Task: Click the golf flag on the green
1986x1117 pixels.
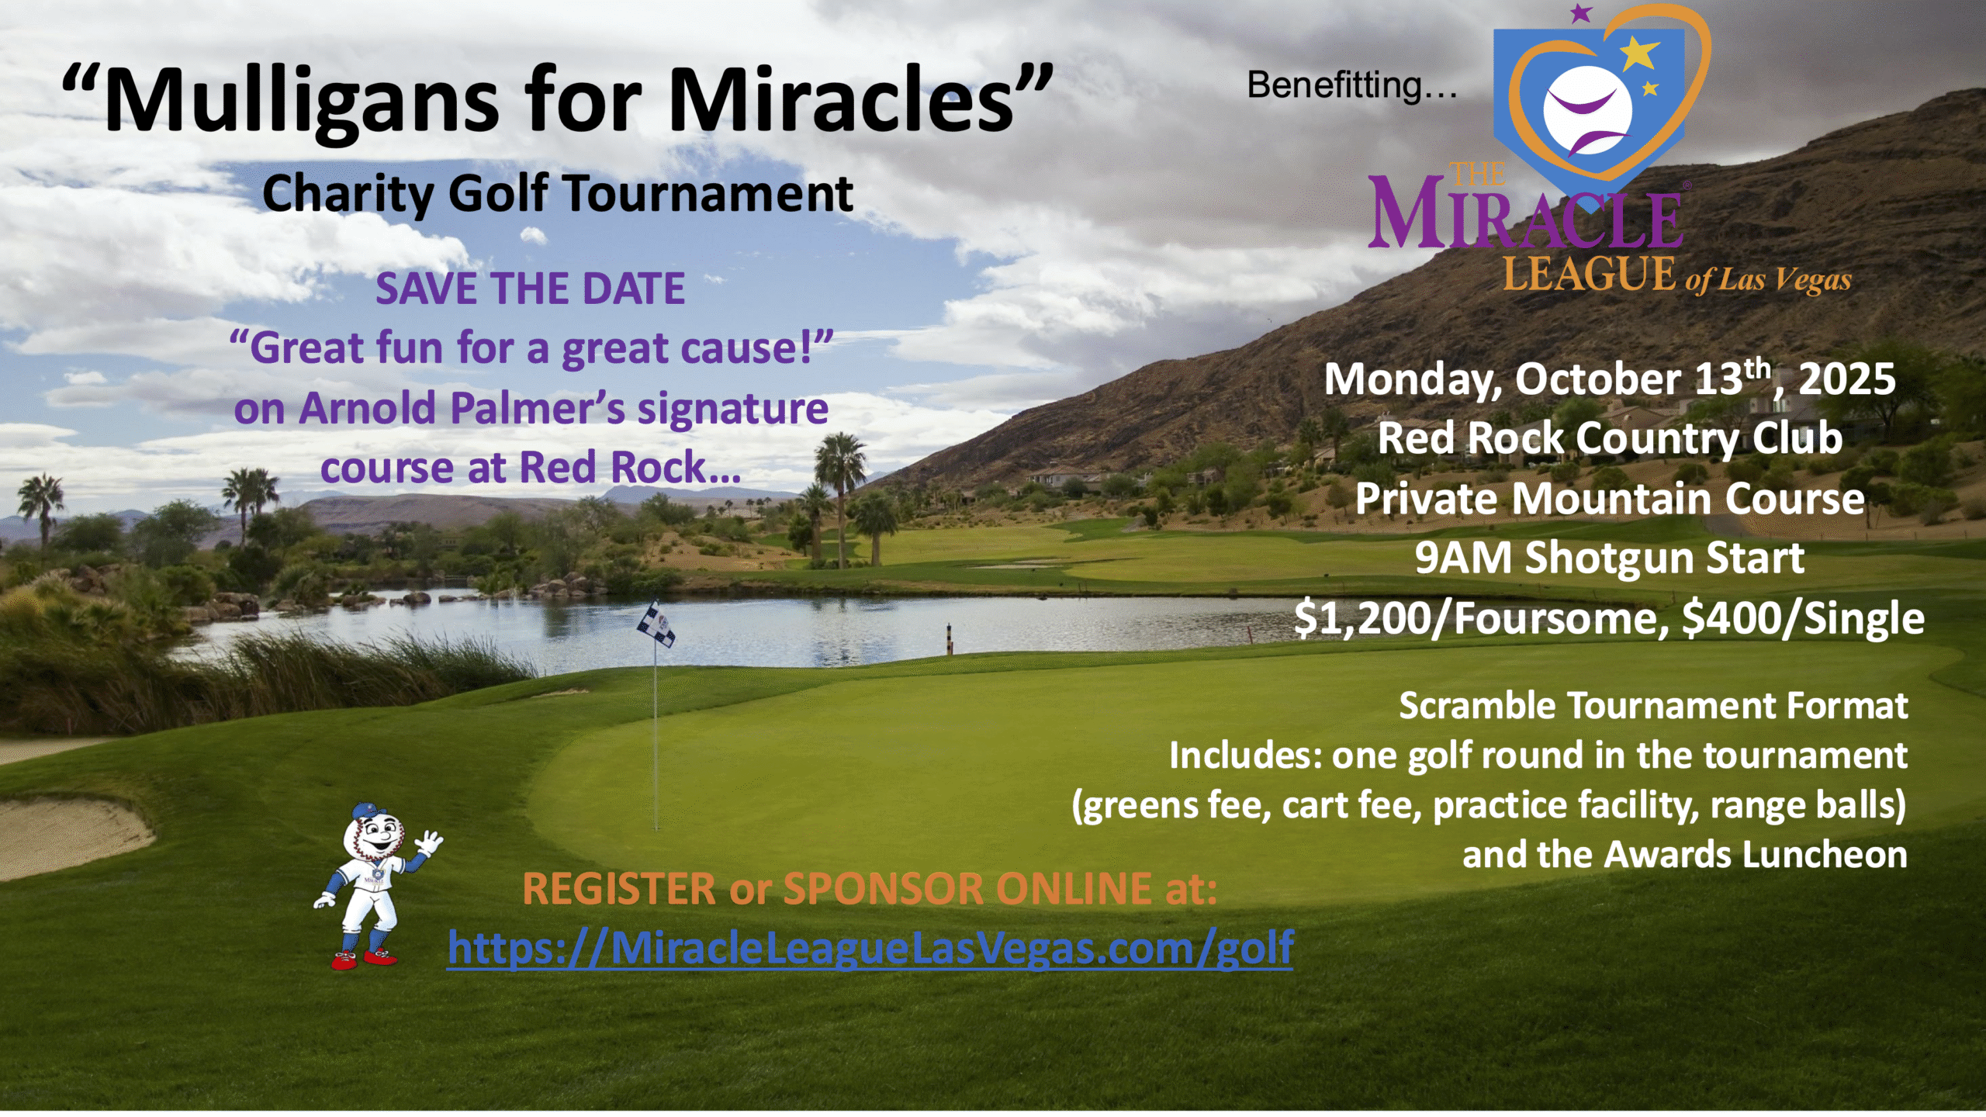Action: point(656,624)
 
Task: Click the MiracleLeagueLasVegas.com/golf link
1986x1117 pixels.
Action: point(870,948)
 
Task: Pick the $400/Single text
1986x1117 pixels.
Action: point(1803,619)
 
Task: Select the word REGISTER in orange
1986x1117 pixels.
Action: point(619,889)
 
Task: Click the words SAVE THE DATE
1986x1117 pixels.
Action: point(531,289)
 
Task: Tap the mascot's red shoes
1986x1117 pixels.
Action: point(363,960)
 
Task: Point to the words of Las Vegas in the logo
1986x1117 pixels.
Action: point(1768,280)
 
